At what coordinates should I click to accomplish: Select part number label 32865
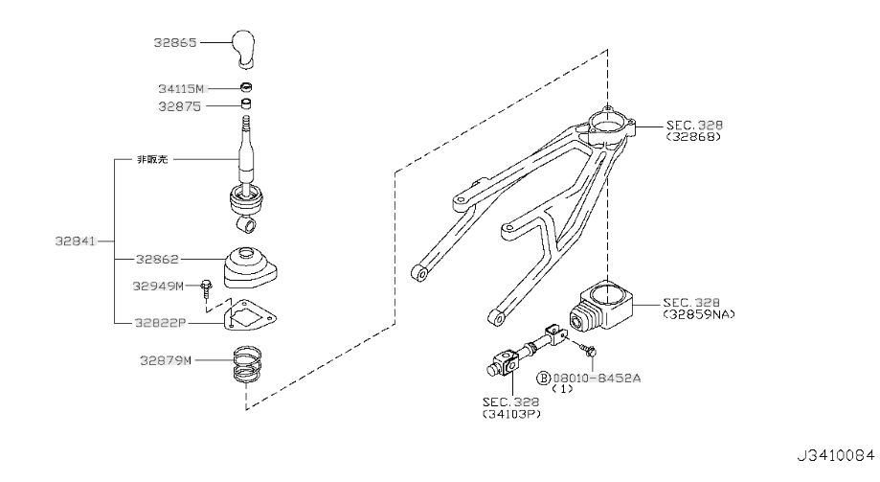pos(175,43)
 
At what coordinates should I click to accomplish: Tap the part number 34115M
pos(181,89)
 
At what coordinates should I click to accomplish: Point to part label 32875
pos(179,106)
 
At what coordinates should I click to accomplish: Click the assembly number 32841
pos(76,241)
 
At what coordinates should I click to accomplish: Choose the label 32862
pos(157,259)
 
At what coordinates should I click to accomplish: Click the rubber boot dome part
pos(250,266)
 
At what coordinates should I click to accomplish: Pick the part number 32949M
pos(158,286)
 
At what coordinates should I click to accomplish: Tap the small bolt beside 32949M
pos(207,288)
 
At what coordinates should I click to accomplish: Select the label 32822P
pos(160,323)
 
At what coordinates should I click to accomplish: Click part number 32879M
pos(166,360)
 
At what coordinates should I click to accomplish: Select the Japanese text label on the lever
pos(152,159)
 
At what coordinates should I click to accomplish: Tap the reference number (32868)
pos(693,136)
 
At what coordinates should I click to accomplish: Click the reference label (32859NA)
pos(699,314)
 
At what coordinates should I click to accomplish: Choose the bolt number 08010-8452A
pos(597,379)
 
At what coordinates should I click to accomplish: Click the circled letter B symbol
pos(544,379)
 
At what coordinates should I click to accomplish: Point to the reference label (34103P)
pos(512,415)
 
